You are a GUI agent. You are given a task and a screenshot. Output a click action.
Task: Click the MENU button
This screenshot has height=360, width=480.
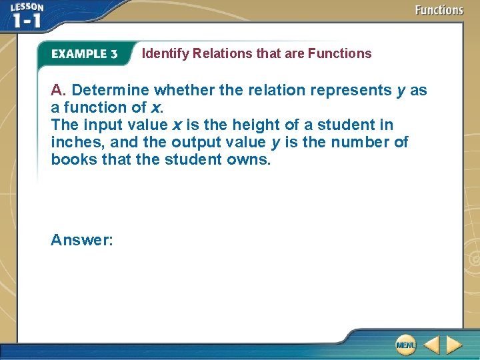(x=405, y=345)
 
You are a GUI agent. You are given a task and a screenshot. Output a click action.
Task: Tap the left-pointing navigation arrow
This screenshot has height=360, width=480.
(x=431, y=345)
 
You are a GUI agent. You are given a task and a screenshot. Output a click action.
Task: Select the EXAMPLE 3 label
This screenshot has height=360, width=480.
(x=84, y=54)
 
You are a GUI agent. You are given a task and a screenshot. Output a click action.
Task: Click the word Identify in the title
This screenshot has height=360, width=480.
(x=165, y=53)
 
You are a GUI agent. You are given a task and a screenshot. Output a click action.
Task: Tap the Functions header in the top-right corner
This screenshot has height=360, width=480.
(x=439, y=10)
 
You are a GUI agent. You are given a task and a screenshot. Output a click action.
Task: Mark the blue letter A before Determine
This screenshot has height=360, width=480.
(x=57, y=90)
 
